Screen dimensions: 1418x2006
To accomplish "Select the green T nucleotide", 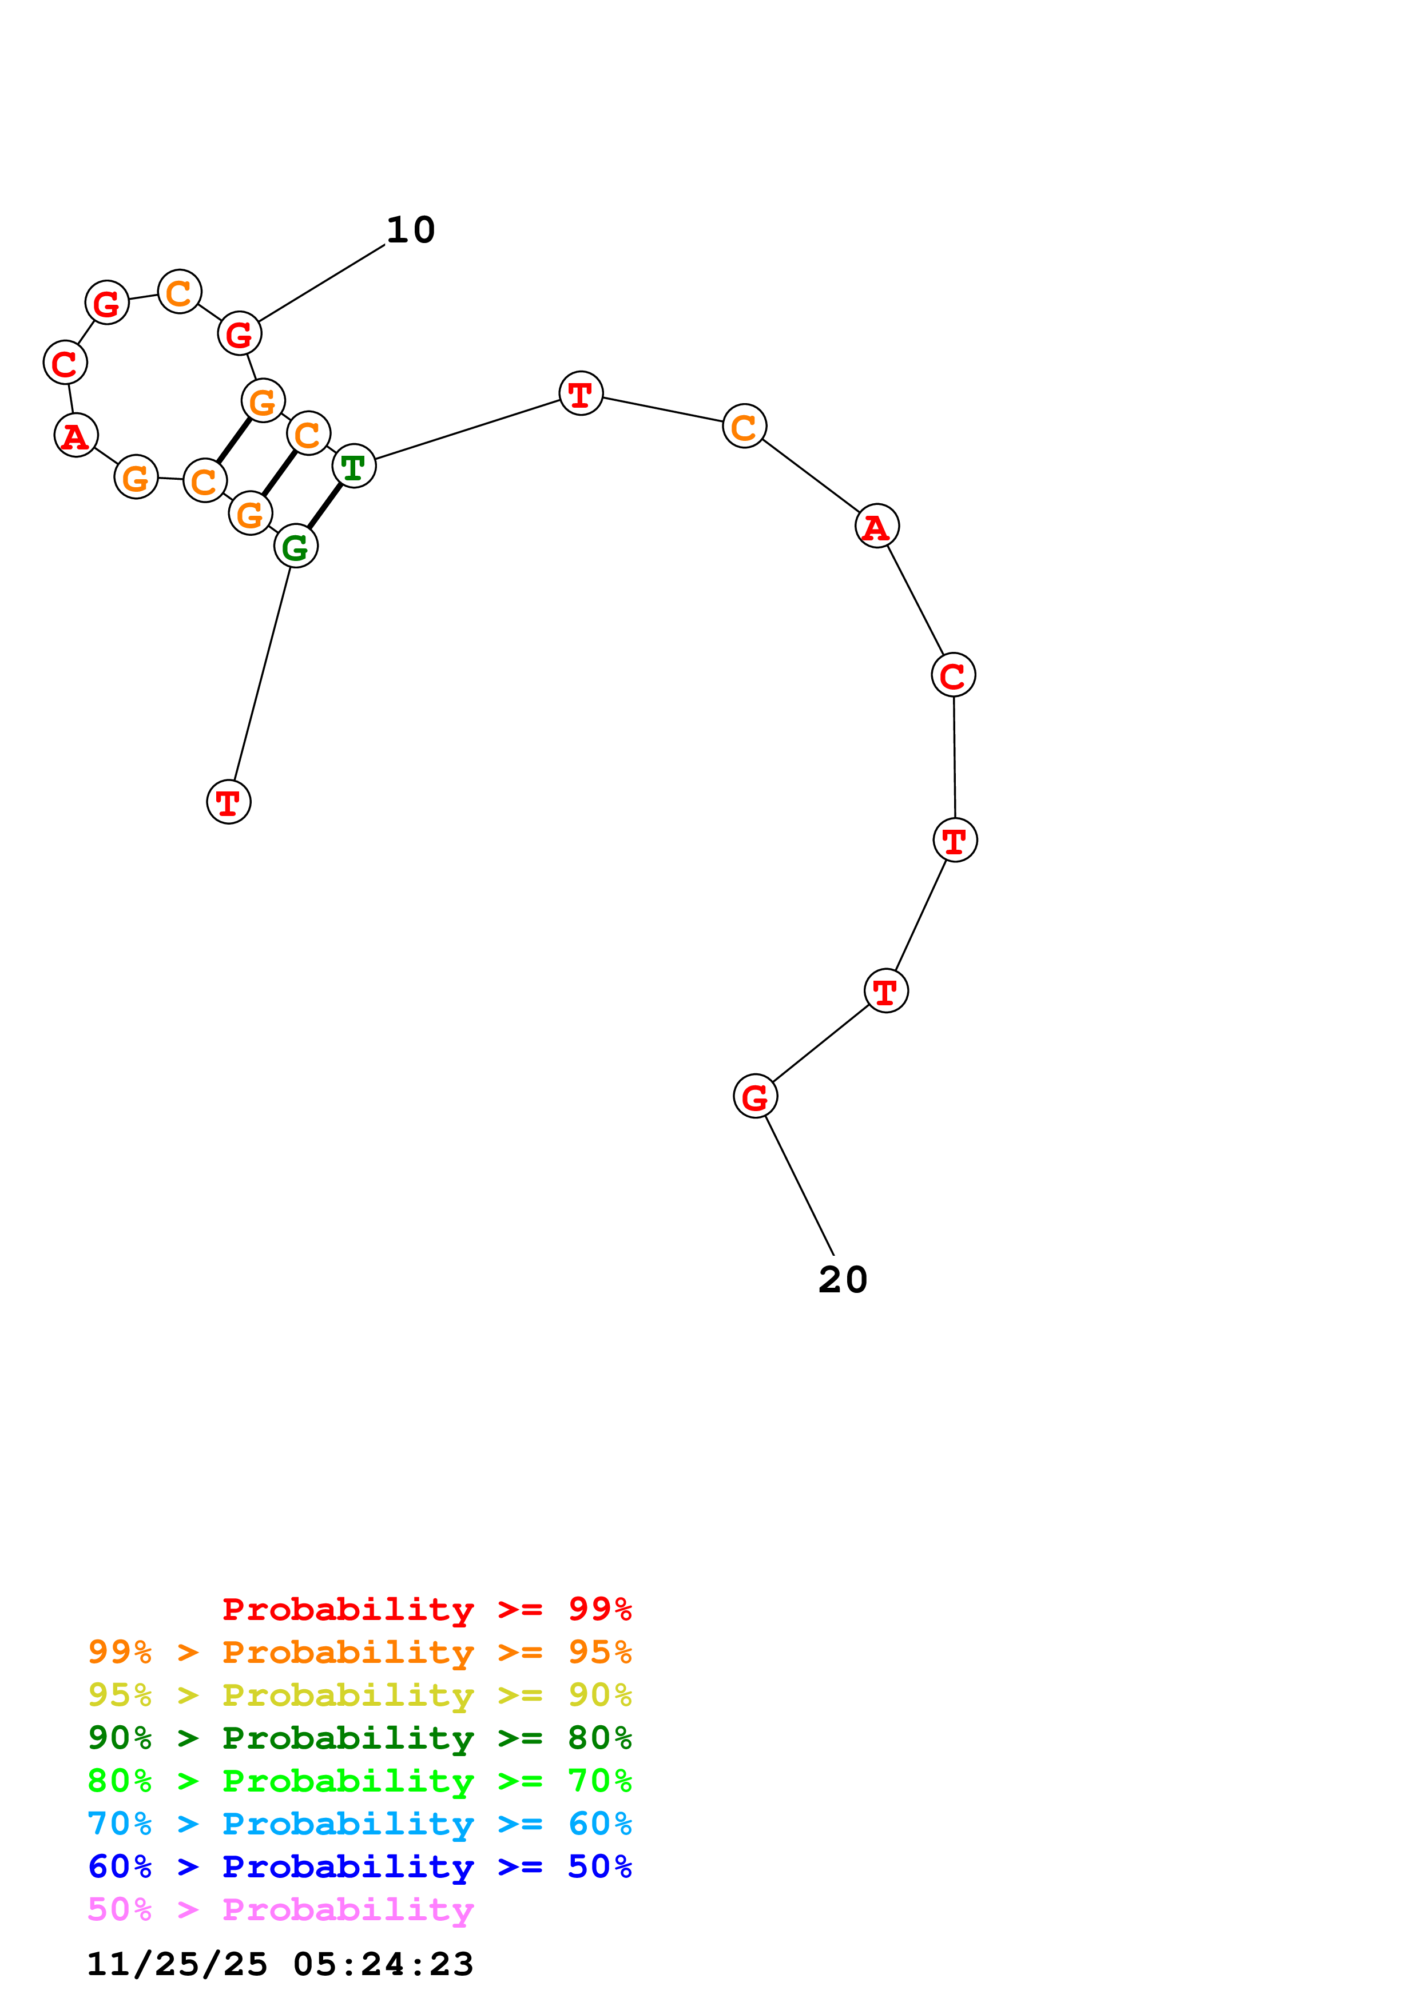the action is [x=354, y=467].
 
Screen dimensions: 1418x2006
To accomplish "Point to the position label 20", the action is [x=842, y=1280].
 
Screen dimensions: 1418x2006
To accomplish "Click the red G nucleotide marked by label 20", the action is [x=755, y=1096].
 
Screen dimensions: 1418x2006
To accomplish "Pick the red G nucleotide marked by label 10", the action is [x=240, y=334].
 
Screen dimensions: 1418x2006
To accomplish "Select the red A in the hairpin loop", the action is [x=76, y=435].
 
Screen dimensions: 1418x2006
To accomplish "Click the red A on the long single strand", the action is [x=876, y=526].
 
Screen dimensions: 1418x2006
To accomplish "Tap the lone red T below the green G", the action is [x=228, y=802].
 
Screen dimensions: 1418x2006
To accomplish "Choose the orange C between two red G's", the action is [x=179, y=292].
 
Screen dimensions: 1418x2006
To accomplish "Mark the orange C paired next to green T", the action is [x=308, y=433].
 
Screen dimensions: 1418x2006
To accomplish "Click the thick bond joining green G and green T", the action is [x=325, y=507].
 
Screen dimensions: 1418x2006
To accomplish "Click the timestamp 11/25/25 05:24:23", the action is [x=280, y=1964].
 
